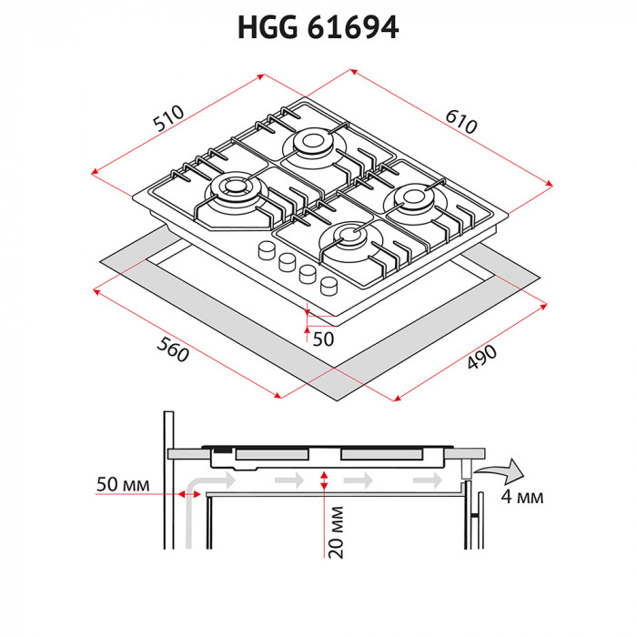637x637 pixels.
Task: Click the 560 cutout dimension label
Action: pos(173,349)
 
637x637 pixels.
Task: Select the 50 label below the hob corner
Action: pos(322,339)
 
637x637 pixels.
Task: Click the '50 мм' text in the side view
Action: pos(121,483)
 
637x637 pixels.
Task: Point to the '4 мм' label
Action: pos(522,497)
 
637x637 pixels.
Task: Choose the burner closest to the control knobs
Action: pos(352,239)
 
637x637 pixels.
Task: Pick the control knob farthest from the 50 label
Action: pos(266,250)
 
